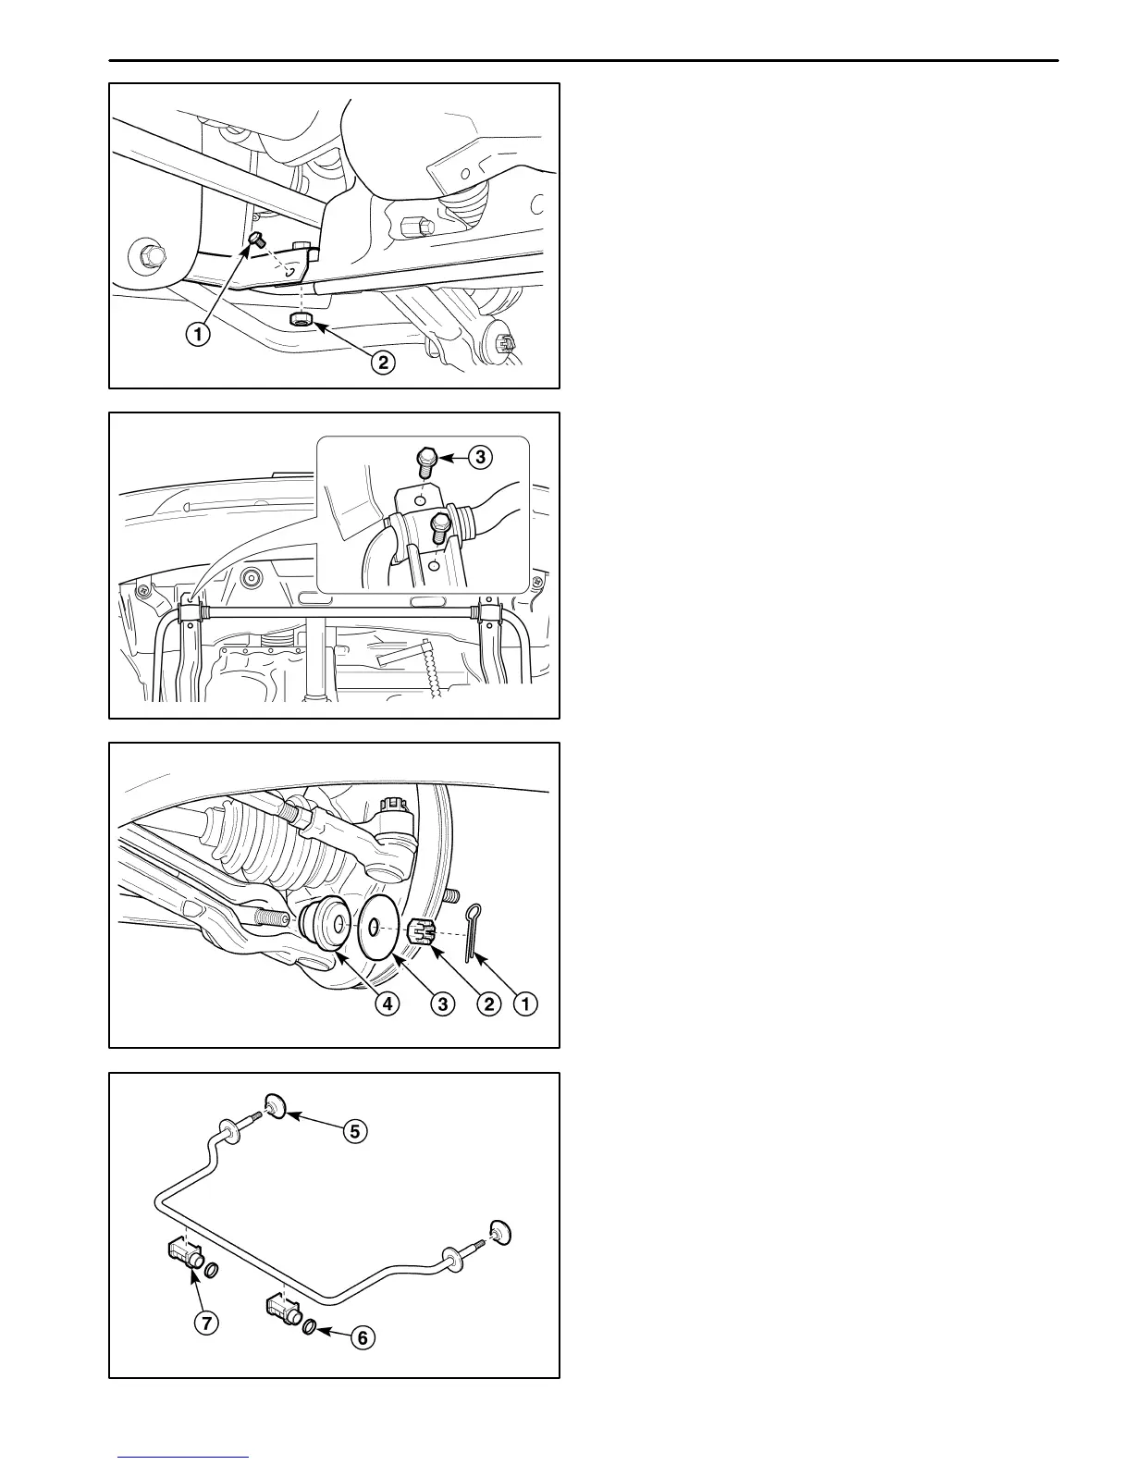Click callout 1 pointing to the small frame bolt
click(x=197, y=334)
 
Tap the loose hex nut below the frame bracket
click(x=301, y=320)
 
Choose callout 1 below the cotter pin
click(x=526, y=1003)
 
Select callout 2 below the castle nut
click(x=486, y=1003)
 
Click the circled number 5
click(x=355, y=1130)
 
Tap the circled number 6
click(x=362, y=1337)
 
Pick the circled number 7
click(x=206, y=1323)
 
